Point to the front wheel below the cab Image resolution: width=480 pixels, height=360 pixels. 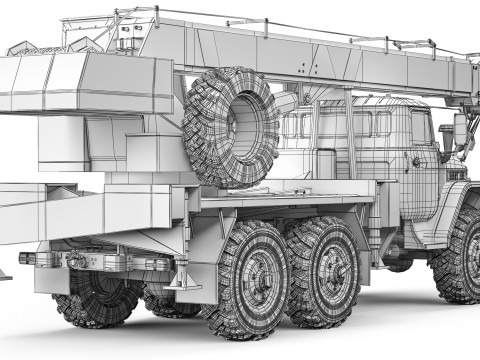[x=460, y=255]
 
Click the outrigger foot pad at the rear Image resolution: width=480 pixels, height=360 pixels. [x=4, y=273]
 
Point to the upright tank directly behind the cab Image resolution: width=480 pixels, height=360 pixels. [x=325, y=165]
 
